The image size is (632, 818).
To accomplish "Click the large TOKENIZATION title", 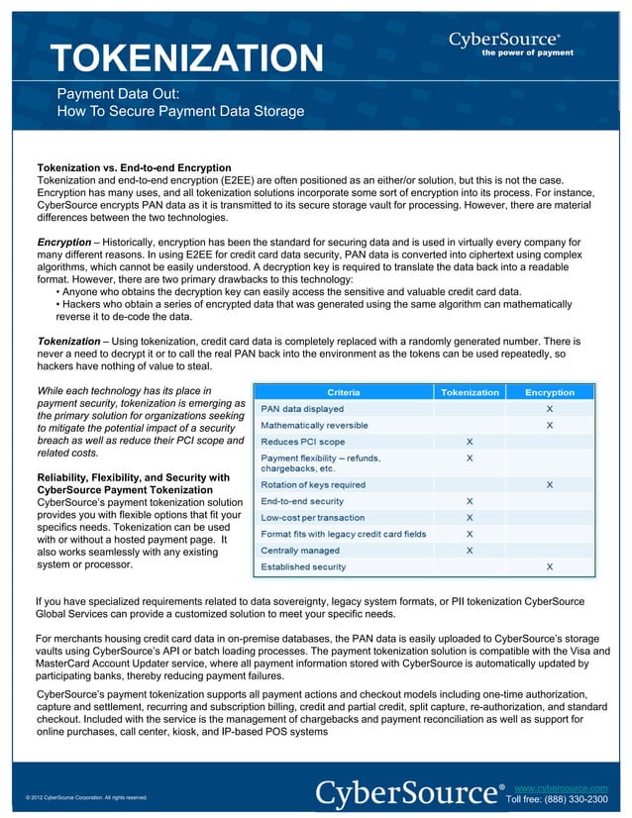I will click(188, 58).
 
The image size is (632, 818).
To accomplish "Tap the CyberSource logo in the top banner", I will click(505, 41).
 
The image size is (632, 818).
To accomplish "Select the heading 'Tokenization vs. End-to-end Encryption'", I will click(134, 167).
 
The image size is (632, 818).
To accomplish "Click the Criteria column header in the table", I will click(343, 392).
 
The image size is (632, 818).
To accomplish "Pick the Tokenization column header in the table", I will click(470, 392).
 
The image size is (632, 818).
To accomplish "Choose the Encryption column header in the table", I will click(550, 392).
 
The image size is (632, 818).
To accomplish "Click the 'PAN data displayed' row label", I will click(302, 408).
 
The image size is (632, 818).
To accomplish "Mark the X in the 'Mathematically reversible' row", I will click(550, 425).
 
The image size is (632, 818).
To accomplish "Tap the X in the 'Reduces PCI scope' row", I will click(470, 441).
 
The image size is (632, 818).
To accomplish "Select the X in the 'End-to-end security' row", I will click(470, 501).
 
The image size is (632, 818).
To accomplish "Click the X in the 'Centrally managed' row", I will click(470, 550).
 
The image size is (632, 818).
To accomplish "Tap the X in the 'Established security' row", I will click(550, 566).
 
